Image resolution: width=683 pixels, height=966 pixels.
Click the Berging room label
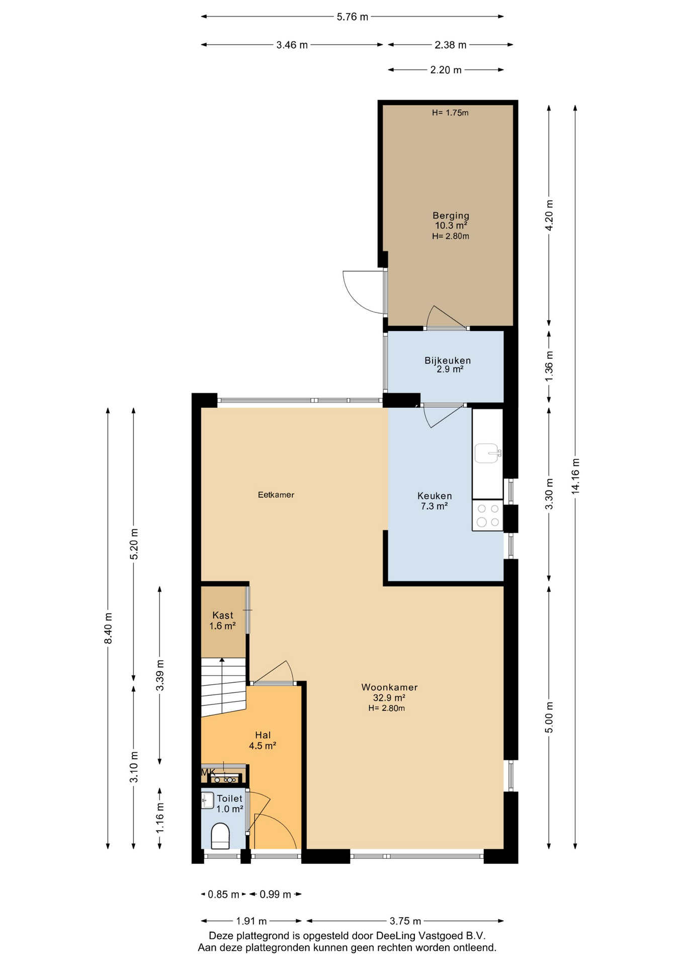pos(451,216)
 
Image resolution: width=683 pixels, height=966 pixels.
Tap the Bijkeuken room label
pos(448,360)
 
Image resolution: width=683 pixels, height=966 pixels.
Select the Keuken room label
pos(435,496)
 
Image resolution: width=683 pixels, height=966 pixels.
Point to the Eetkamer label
pos(276,495)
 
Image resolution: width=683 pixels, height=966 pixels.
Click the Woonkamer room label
pos(389,687)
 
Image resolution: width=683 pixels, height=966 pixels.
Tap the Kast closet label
pos(222,615)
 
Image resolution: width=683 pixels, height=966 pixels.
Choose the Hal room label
pos(263,735)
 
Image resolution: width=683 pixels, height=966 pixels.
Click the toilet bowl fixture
pos(220,836)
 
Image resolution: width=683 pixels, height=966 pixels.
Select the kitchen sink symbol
pos(487,453)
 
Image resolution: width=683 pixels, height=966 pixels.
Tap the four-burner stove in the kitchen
pos(487,515)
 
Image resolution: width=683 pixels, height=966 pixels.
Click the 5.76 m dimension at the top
pos(353,17)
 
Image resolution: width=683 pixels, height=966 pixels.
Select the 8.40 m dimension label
pos(108,627)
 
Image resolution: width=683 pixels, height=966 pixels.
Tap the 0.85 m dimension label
pos(224,894)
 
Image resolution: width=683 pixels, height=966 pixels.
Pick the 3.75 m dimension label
pos(405,921)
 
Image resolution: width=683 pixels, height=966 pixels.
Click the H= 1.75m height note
pos(450,113)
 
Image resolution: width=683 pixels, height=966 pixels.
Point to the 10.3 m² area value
pos(451,225)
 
